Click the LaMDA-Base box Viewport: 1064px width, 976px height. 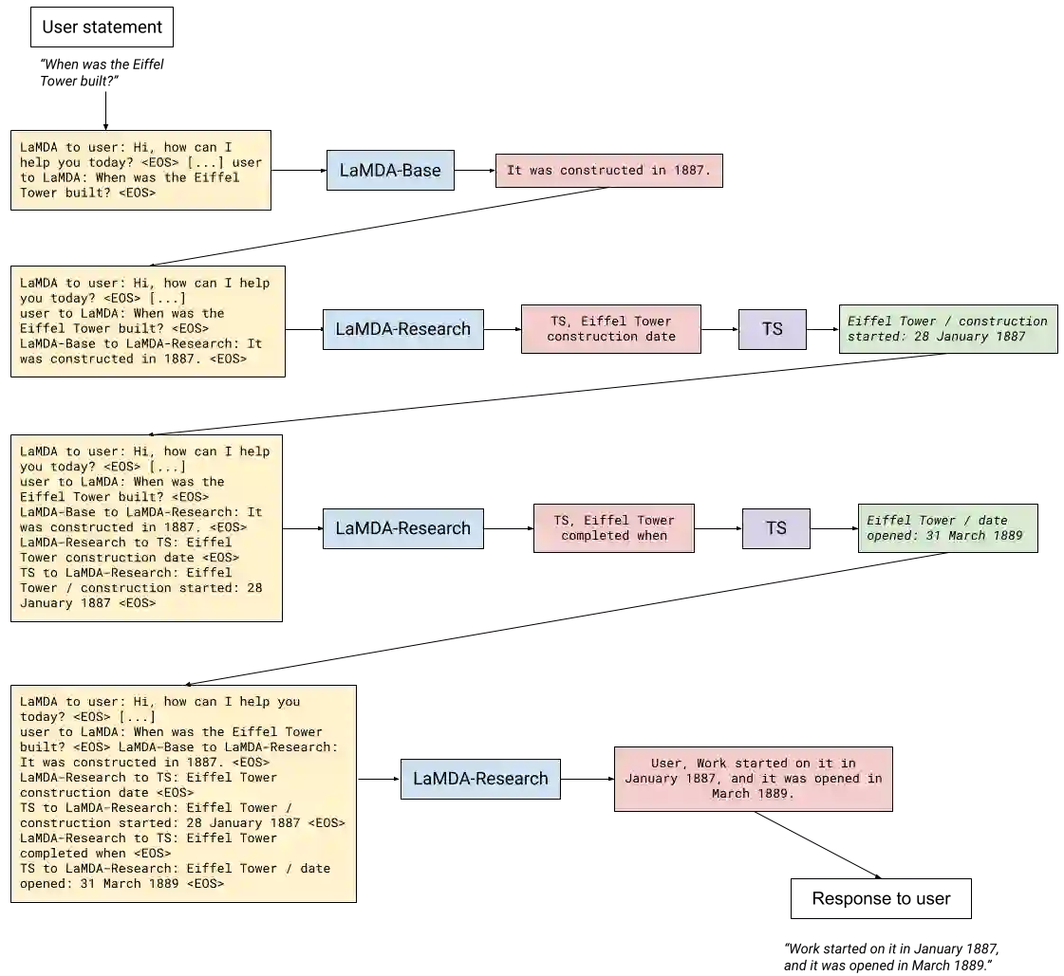click(390, 170)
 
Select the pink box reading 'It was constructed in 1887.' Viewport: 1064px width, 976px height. click(610, 171)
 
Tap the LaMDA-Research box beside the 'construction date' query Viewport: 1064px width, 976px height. click(403, 329)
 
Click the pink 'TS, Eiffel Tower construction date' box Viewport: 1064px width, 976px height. click(611, 329)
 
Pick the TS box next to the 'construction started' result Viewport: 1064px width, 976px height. click(773, 329)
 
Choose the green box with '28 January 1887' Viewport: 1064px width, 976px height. click(947, 329)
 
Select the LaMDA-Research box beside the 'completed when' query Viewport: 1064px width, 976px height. click(403, 528)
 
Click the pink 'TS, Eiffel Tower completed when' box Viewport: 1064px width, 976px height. click(614, 528)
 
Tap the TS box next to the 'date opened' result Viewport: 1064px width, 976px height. click(776, 528)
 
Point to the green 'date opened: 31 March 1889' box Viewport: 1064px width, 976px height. click(948, 528)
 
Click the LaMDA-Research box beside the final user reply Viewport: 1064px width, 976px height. click(480, 779)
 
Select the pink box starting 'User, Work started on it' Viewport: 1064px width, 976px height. click(754, 778)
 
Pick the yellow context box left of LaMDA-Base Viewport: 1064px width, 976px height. click(140, 171)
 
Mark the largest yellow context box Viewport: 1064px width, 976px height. click(182, 793)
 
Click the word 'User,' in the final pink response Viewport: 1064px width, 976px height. click(670, 764)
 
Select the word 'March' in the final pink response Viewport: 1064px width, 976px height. click(731, 794)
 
